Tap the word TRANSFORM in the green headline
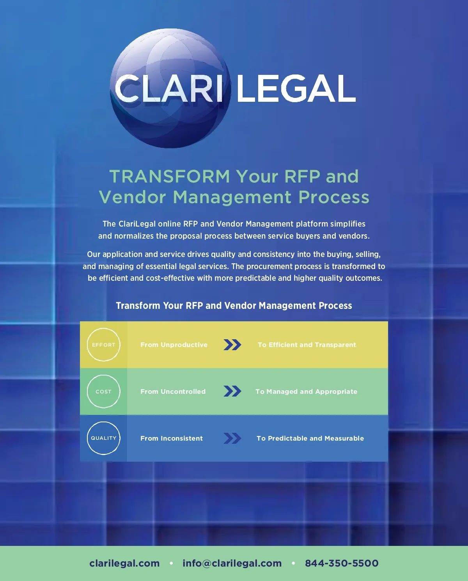pyautogui.click(x=170, y=176)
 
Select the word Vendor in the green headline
pyautogui.click(x=133, y=197)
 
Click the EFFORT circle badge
pyautogui.click(x=103, y=345)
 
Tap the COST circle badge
pyautogui.click(x=103, y=391)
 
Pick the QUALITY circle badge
pyautogui.click(x=103, y=438)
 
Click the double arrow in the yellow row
pyautogui.click(x=232, y=345)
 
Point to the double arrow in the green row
pyautogui.click(x=232, y=391)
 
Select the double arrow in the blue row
pyautogui.click(x=232, y=438)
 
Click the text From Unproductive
pyautogui.click(x=174, y=345)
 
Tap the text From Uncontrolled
pyautogui.click(x=173, y=391)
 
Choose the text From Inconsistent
pyautogui.click(x=172, y=438)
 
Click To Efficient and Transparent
pyautogui.click(x=307, y=345)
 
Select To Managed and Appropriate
pyautogui.click(x=306, y=391)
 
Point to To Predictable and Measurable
pyautogui.click(x=310, y=438)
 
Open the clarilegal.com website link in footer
pyautogui.click(x=124, y=563)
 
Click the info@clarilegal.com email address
pyautogui.click(x=232, y=563)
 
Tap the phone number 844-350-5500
pyautogui.click(x=342, y=563)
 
